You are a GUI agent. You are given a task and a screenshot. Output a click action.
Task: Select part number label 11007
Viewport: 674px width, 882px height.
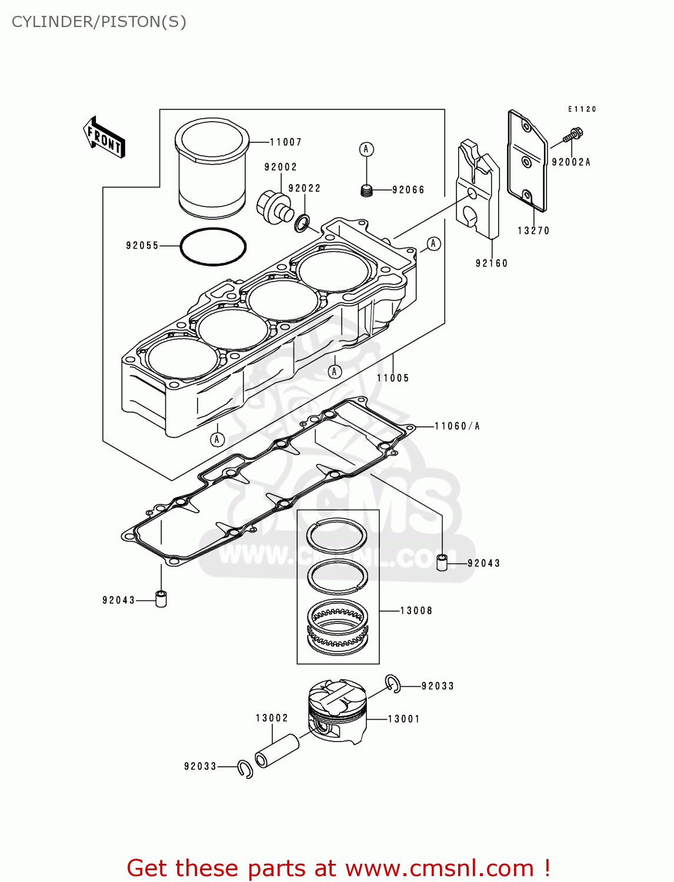click(x=285, y=142)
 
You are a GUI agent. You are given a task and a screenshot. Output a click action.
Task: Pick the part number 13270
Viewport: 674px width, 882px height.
click(x=533, y=231)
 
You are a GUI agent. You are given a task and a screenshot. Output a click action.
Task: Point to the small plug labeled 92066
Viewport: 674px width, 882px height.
click(x=367, y=191)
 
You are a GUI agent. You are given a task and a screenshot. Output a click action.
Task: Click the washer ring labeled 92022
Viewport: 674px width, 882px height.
click(x=302, y=223)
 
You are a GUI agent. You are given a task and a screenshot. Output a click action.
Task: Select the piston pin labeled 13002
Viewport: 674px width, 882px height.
click(x=277, y=750)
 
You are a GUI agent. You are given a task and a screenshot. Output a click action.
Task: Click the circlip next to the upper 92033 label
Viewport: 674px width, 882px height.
click(x=393, y=684)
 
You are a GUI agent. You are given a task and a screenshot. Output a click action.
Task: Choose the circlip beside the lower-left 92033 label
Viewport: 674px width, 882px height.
click(x=245, y=769)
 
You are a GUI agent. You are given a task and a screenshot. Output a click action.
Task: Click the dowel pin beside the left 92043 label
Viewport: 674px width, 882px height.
click(x=161, y=599)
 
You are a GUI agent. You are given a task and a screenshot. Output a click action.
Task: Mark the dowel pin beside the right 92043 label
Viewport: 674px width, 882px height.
click(x=442, y=562)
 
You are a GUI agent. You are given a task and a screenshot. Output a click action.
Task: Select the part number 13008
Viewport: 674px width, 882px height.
click(x=416, y=611)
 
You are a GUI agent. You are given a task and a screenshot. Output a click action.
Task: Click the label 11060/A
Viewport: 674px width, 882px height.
click(x=457, y=426)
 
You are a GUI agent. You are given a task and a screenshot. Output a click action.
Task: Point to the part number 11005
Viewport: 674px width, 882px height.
click(x=393, y=378)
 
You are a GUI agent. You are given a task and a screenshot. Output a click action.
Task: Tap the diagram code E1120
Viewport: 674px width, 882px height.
click(x=582, y=109)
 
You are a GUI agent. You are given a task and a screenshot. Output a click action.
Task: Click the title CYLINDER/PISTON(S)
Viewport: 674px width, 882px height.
click(x=99, y=22)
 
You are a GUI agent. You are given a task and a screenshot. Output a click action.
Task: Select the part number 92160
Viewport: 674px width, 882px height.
click(x=492, y=263)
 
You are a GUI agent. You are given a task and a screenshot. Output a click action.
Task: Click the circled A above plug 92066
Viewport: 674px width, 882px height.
click(x=366, y=149)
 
